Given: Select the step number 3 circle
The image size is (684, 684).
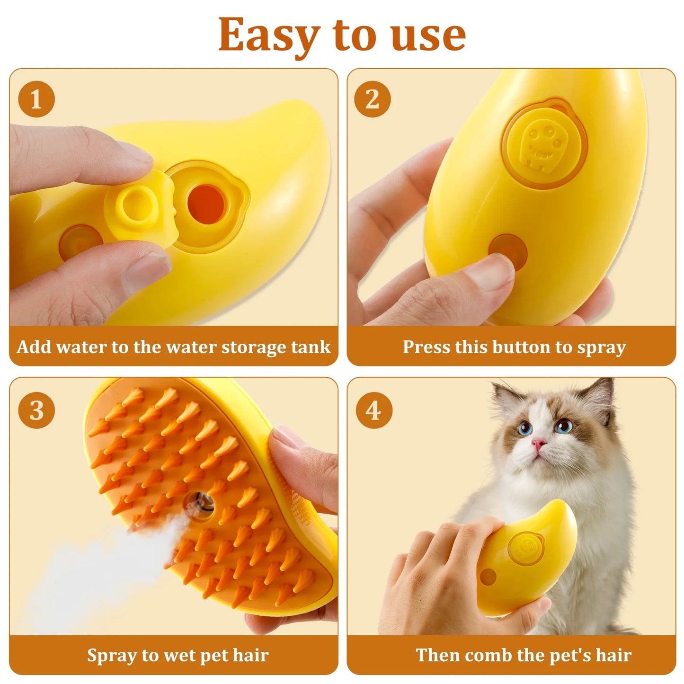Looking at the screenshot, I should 36,410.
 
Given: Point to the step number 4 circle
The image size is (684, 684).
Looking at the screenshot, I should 373,410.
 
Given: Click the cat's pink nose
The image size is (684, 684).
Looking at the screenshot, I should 538,444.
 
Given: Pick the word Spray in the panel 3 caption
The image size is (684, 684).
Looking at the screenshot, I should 114,655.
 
